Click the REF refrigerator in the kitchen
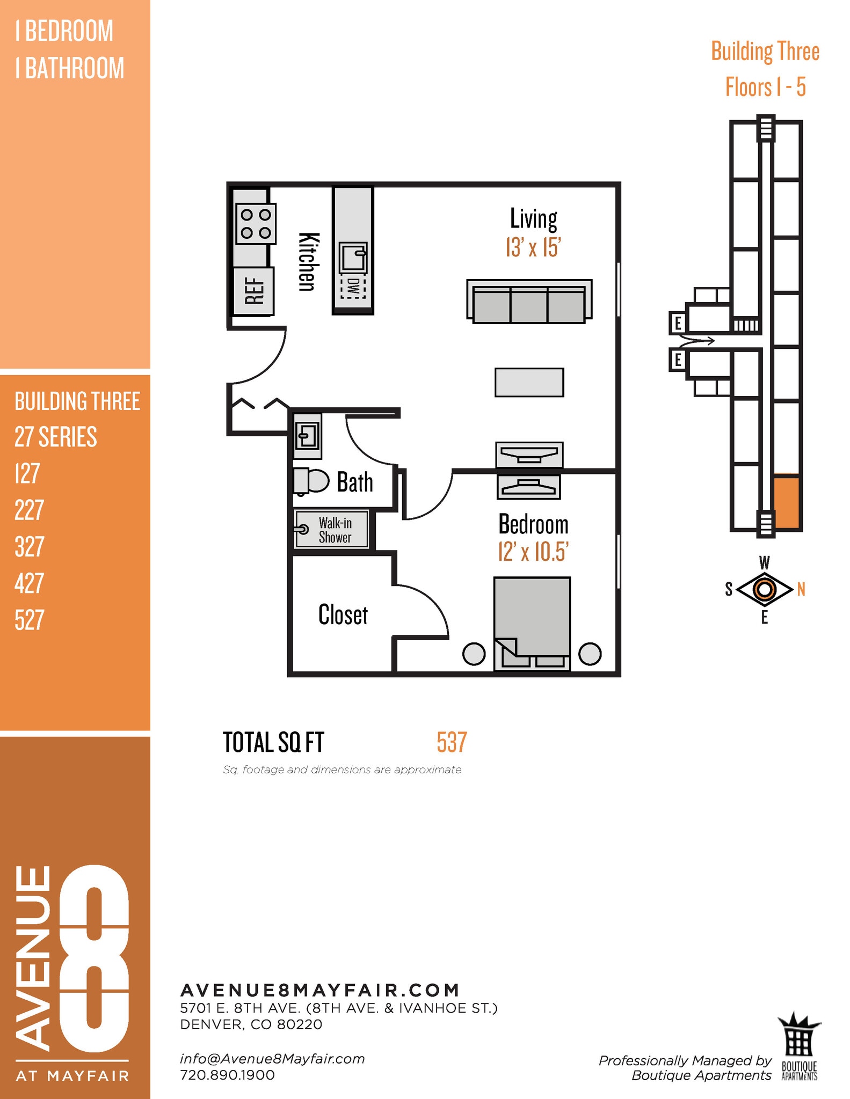253,291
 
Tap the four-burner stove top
256,224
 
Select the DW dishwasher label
353,288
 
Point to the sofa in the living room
529,302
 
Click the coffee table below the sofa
529,382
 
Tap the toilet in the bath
311,481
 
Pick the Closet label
343,615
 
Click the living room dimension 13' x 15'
533,247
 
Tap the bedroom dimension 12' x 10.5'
533,552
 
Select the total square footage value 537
452,743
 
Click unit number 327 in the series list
28,547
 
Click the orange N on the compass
801,590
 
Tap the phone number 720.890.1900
227,1075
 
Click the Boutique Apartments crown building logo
799,1045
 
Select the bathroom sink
307,435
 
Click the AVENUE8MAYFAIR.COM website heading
320,990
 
